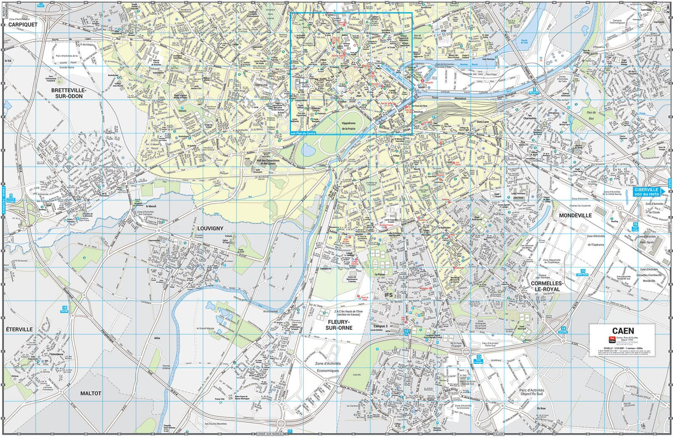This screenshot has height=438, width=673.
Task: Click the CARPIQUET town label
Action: point(23,25)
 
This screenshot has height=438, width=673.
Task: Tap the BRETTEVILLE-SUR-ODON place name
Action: point(69,93)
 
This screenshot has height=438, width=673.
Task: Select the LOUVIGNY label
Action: point(210,228)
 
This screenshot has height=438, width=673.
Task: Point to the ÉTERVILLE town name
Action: point(19,329)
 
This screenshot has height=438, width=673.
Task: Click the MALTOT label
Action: point(91,394)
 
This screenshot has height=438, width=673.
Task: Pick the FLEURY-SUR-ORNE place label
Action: point(340,325)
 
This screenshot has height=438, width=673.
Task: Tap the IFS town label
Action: point(389,295)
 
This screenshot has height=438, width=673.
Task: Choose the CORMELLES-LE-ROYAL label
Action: point(547,286)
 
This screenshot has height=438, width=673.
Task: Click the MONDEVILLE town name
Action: point(575,216)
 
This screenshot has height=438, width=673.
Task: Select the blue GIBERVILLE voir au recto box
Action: point(647,192)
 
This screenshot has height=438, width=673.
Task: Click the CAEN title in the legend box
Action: point(623,331)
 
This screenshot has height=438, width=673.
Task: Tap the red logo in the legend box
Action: point(611,339)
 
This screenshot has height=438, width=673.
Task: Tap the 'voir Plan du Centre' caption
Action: point(303,133)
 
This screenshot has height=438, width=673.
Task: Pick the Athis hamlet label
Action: point(157,338)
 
